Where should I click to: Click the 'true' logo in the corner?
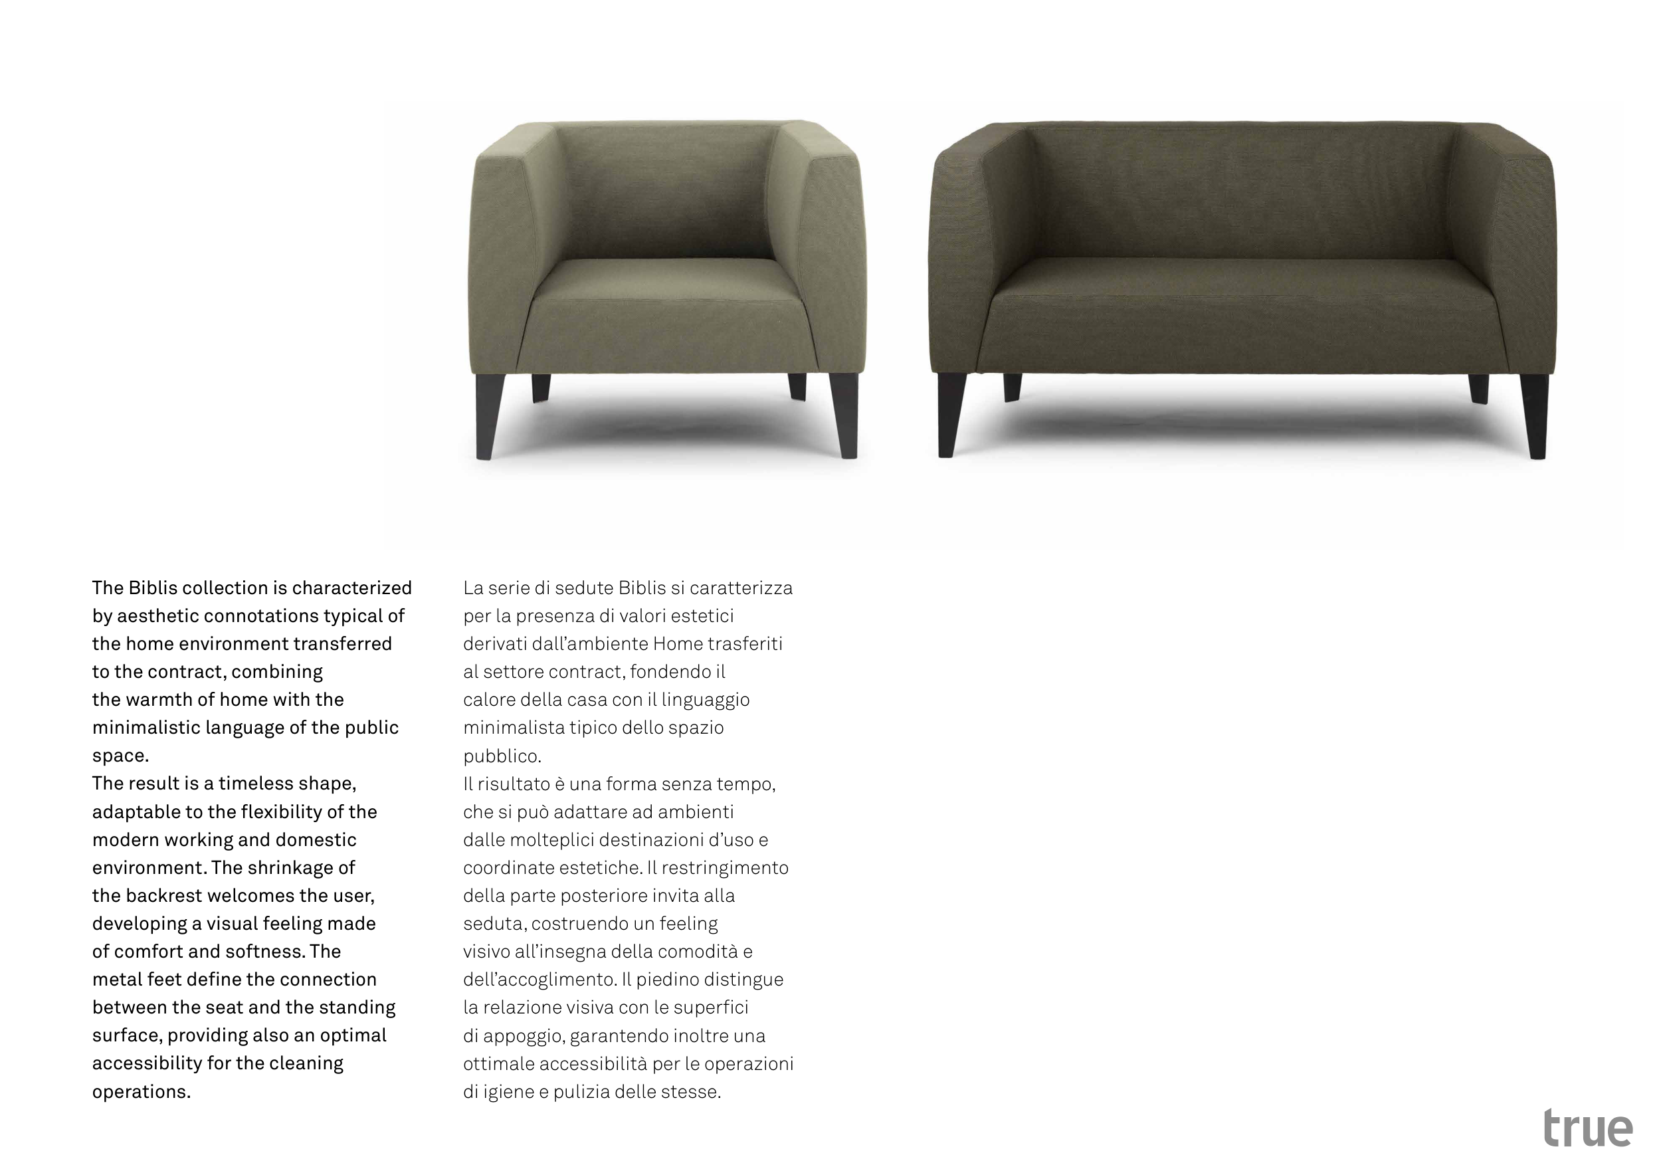coord(1588,1128)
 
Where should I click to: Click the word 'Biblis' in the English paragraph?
coord(152,587)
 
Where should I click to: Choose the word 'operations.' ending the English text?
coord(141,1091)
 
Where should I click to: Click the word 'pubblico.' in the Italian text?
coord(502,756)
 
